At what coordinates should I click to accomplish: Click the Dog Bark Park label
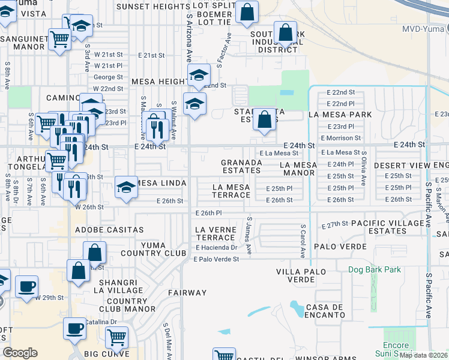coord(374,269)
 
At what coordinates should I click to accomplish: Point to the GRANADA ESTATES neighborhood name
coord(241,167)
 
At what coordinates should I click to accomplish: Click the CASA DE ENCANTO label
coord(325,311)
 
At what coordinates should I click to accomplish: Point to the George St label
coord(108,77)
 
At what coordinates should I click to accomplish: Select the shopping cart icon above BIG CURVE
coord(116,337)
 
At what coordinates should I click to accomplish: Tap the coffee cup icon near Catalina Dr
coord(76,328)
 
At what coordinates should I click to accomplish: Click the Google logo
coord(20,353)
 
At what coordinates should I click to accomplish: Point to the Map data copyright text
coord(423,355)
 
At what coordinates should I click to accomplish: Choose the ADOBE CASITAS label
coord(109,230)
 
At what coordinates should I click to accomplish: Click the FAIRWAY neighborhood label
coord(187,293)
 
